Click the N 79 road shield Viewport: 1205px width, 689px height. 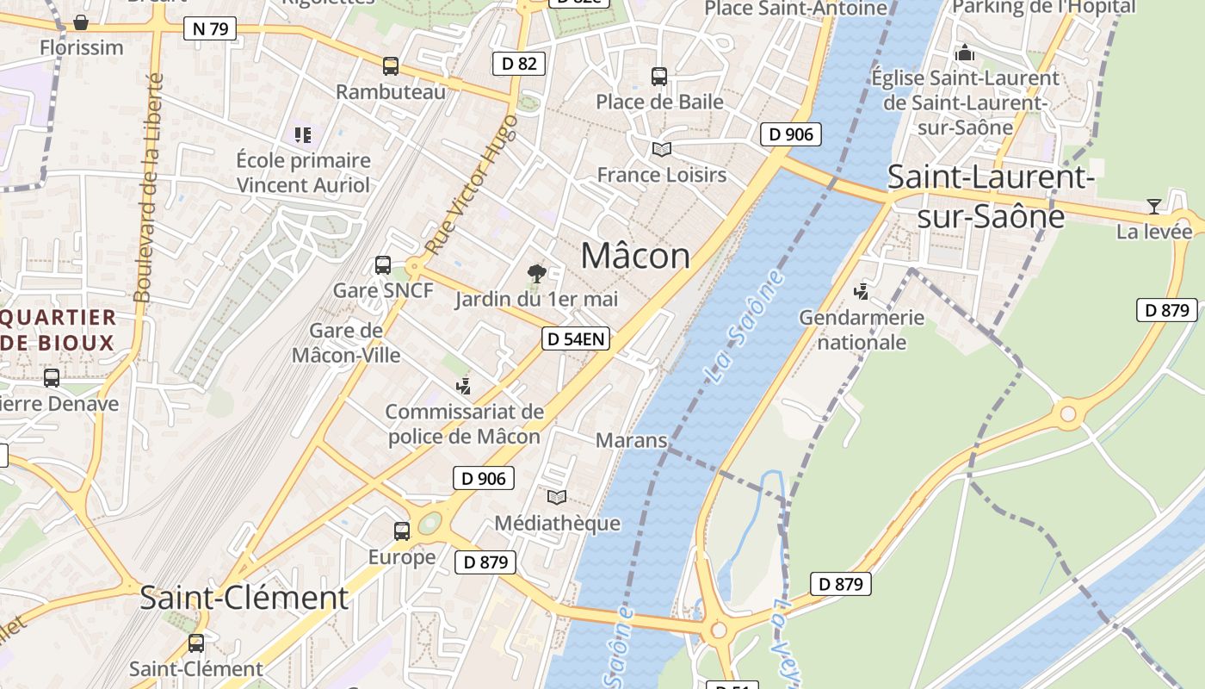(x=210, y=28)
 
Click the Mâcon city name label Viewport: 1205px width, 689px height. (x=635, y=256)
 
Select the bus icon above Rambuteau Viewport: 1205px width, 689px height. (x=391, y=66)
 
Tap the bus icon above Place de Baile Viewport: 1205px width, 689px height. (x=659, y=77)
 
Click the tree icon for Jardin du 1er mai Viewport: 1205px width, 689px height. (x=537, y=275)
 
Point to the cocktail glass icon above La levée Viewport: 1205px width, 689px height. (x=1153, y=207)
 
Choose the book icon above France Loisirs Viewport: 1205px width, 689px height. (x=661, y=150)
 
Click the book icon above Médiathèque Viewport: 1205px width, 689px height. (x=557, y=497)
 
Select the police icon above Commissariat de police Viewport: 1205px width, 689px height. (x=464, y=387)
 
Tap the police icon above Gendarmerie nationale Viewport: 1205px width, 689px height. (x=861, y=292)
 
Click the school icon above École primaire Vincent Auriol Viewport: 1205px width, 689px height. (x=303, y=135)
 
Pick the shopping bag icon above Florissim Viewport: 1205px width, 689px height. (x=81, y=22)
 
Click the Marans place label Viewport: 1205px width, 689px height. (x=632, y=440)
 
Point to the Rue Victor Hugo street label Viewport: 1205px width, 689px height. (x=472, y=184)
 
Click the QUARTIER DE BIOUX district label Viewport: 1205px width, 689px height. (x=58, y=330)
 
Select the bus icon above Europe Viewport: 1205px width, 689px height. (x=402, y=531)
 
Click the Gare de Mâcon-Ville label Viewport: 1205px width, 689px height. (x=346, y=342)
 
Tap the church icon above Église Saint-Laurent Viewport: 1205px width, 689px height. (x=965, y=53)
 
